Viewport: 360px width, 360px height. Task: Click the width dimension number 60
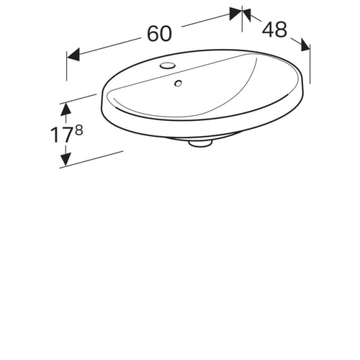tap(159, 34)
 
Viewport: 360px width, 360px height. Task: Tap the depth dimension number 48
tap(274, 30)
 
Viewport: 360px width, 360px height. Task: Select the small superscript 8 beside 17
tap(79, 130)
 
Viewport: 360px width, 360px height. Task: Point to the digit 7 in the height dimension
tap(67, 135)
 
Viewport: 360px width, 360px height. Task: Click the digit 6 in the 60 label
tap(153, 34)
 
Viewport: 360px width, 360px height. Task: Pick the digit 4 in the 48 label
tap(268, 30)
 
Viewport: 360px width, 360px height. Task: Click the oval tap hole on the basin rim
tap(167, 66)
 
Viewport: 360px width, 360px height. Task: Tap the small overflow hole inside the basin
tap(178, 83)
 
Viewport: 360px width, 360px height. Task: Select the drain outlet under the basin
tap(200, 143)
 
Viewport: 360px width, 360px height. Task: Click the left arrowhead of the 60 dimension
tap(73, 55)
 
